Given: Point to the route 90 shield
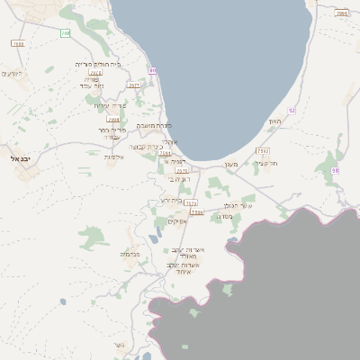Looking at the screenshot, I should pyautogui.click(x=153, y=70).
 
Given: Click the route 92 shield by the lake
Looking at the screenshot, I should pyautogui.click(x=292, y=109).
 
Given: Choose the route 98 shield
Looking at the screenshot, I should pyautogui.click(x=336, y=169).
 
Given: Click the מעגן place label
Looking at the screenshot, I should pyautogui.click(x=230, y=164).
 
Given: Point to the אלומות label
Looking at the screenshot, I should pyautogui.click(x=114, y=157).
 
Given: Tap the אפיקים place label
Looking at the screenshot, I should pyautogui.click(x=177, y=221).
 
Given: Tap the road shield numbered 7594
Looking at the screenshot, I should pyautogui.click(x=113, y=119).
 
